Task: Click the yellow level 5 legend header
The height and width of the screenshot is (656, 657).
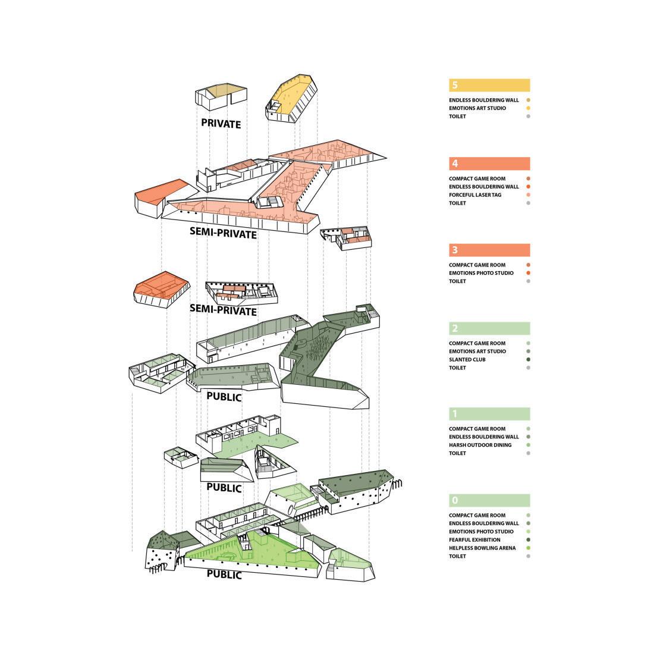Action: (489, 85)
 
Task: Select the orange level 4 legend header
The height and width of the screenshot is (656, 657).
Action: (489, 164)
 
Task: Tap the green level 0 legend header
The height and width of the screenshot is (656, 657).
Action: (489, 500)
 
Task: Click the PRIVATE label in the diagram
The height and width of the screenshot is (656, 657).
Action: (221, 124)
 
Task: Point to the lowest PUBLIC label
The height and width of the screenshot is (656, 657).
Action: (224, 575)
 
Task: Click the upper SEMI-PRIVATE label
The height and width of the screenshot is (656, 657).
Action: (223, 234)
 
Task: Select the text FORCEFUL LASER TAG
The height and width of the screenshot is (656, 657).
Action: (475, 195)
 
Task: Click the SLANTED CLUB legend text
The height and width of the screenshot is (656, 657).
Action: (467, 359)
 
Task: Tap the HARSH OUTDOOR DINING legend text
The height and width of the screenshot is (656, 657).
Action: (480, 445)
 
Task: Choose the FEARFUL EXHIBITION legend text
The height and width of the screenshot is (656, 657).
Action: (474, 539)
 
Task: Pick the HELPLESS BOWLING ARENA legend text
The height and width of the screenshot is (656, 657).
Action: (482, 548)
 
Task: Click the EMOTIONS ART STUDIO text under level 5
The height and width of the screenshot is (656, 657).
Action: (477, 108)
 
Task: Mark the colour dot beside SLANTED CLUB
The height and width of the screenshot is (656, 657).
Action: (528, 359)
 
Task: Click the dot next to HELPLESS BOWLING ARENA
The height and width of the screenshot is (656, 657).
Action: (528, 548)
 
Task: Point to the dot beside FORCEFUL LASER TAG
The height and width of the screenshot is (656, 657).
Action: (528, 195)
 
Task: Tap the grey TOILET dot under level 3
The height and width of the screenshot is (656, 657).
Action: (528, 281)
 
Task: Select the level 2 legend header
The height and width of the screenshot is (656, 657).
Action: (489, 328)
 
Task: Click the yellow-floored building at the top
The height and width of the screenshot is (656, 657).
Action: (290, 98)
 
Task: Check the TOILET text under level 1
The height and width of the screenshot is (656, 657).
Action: (457, 453)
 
